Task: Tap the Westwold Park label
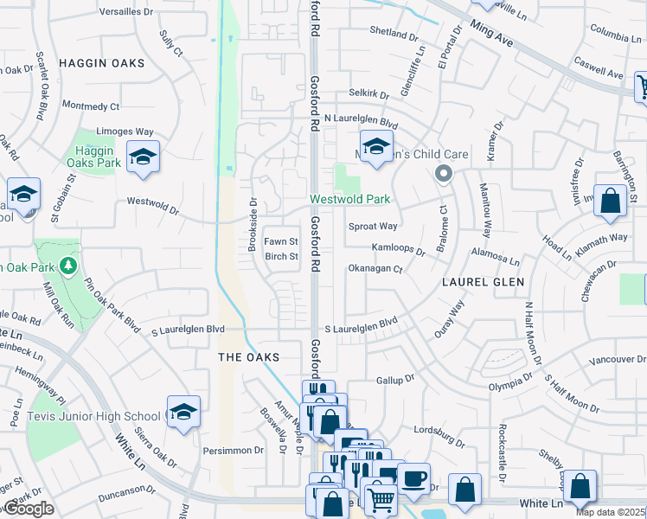350,200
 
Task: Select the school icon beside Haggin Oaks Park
144,157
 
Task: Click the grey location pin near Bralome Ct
444,174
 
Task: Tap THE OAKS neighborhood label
249,357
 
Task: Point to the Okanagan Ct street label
375,269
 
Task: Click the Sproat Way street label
372,226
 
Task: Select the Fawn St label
280,241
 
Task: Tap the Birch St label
281,256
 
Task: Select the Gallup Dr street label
396,380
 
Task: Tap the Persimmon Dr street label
234,451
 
